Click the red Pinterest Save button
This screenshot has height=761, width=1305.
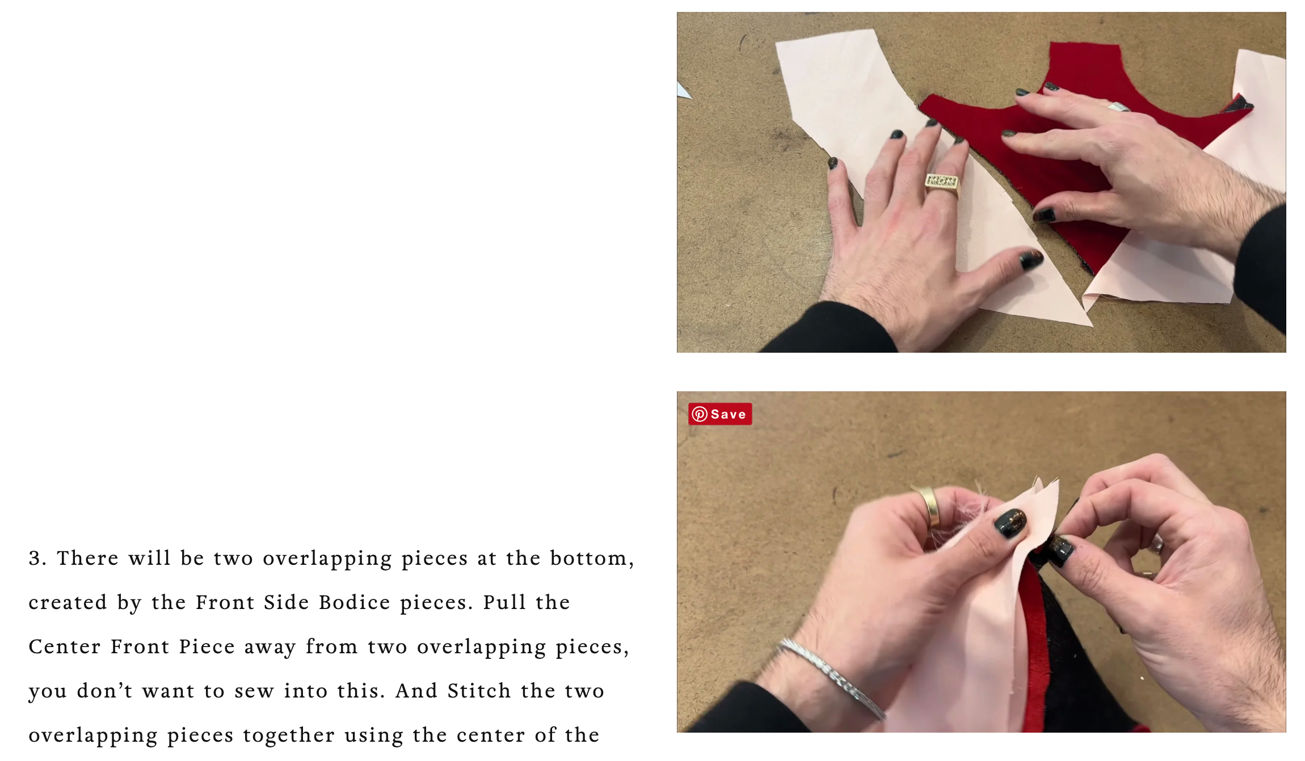tap(720, 414)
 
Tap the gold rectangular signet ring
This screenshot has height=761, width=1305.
tap(942, 183)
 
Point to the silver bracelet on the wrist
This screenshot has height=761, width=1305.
tap(831, 678)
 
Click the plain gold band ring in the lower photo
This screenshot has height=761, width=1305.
tap(929, 505)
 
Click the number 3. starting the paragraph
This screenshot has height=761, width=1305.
tap(37, 558)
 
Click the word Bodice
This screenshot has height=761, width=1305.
tap(355, 602)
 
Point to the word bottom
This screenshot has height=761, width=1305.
tap(592, 558)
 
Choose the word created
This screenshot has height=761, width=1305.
tap(68, 602)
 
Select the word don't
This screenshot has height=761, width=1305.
tap(104, 691)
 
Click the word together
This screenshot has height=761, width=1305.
tap(289, 735)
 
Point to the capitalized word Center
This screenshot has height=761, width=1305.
tap(65, 646)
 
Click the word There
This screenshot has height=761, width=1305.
tap(88, 558)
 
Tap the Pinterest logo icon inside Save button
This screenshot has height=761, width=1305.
tap(700, 414)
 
